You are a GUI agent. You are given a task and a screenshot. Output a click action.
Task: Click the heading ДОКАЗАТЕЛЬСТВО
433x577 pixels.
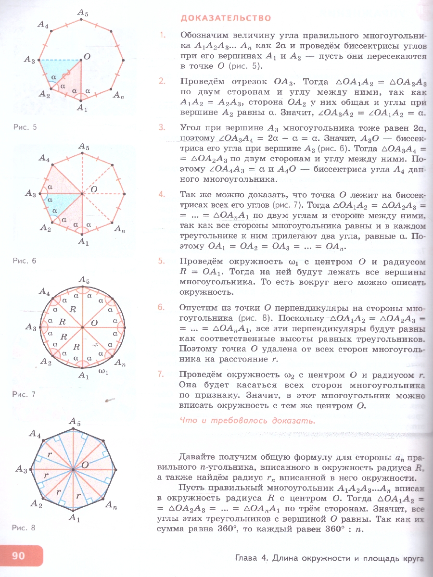click(x=226, y=18)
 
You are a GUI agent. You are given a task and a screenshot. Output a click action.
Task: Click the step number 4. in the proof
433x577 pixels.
click(x=162, y=195)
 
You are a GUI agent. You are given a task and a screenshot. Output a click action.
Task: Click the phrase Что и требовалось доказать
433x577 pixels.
click(x=247, y=420)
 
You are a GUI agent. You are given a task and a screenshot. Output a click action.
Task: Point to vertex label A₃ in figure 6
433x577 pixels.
click(x=30, y=194)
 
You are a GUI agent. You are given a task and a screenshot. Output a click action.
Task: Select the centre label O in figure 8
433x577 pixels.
click(x=85, y=465)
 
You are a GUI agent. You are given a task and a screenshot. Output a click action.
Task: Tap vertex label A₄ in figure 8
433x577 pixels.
click(x=35, y=434)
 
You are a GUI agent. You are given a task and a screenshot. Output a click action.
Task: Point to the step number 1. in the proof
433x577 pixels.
click(x=162, y=35)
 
